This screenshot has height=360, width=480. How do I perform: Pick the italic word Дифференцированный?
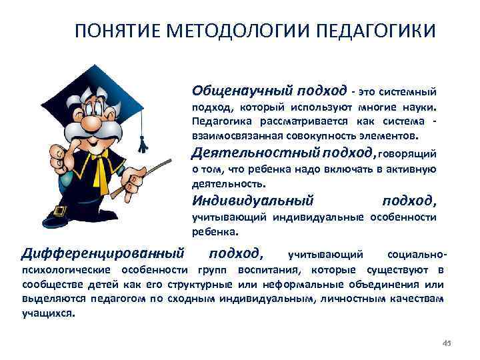pos(103,253)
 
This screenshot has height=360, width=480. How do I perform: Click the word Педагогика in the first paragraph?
pos(217,122)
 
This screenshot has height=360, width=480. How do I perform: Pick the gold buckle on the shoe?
pos(59,211)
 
